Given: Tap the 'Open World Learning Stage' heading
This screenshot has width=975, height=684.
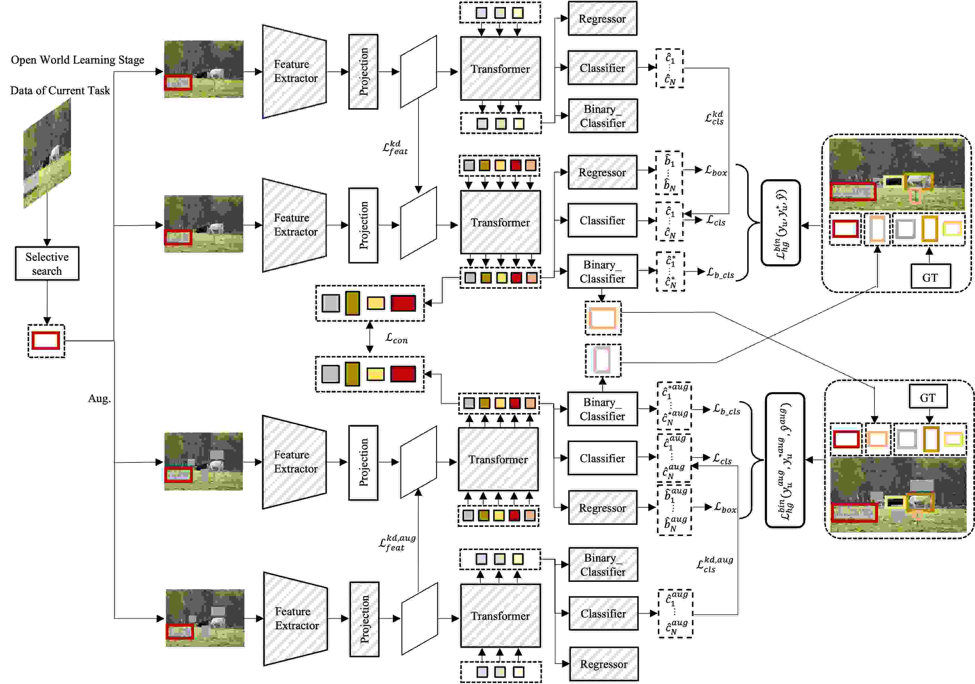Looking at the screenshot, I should pos(77,60).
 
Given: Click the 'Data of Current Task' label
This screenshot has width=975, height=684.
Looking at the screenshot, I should pos(60,91).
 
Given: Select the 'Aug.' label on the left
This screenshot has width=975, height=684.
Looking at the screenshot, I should pos(99,399).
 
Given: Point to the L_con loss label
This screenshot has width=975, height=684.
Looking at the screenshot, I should pos(396,339).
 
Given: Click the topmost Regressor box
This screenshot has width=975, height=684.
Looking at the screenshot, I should pos(602,19).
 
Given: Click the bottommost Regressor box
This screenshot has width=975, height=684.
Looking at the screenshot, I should pos(603,664).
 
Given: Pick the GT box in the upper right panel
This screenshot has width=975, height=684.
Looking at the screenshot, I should pos(930,277).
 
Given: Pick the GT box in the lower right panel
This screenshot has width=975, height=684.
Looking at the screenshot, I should pos(928,397).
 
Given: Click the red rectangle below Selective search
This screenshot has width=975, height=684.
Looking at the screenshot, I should pos(46,341).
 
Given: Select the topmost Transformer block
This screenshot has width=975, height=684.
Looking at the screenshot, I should pos(500,68).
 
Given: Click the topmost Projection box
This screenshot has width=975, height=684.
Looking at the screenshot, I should pos(363,72).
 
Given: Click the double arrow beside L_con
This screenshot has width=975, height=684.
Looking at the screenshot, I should pos(369,337).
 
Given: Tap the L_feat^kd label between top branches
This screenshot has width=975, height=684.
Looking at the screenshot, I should pos(395,147).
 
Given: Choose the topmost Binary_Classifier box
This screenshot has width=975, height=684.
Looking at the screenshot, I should pos(602,116).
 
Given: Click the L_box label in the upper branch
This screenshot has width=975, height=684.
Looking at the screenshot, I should pos(716,171).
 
